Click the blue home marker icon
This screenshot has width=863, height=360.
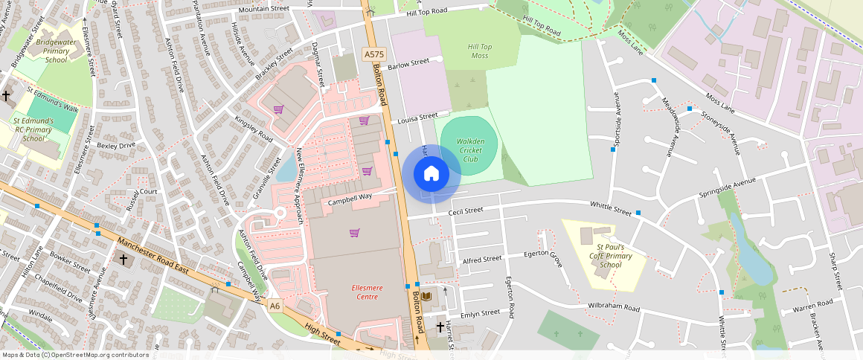tap(431, 173)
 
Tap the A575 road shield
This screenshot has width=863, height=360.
tap(373, 54)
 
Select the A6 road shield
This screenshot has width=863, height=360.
tap(275, 305)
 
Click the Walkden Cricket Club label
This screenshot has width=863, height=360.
tap(470, 150)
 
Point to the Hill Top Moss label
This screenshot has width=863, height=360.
tap(479, 51)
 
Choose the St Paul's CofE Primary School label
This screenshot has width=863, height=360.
tap(610, 256)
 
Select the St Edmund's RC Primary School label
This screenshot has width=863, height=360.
tap(33, 129)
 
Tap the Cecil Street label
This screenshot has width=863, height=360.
tap(466, 211)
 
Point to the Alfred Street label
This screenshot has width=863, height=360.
tap(482, 260)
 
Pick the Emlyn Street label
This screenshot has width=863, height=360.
tap(481, 313)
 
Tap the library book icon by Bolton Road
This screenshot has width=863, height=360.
tap(426, 296)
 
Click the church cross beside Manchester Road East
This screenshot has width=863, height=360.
tap(124, 260)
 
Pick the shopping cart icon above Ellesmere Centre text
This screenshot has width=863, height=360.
tap(354, 233)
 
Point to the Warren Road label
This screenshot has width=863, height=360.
tap(812, 305)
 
